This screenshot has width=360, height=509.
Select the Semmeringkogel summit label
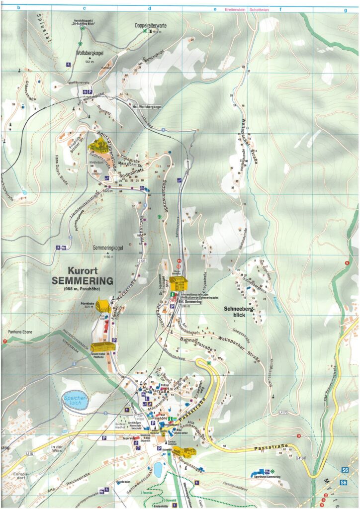pos(108,247)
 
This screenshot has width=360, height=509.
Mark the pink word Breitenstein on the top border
pos(235,9)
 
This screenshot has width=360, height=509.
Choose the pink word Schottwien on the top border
pos(260,9)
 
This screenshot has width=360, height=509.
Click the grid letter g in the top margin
pos(345,9)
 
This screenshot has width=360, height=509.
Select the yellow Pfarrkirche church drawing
pos(103,305)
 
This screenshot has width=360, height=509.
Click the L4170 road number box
pos(284,412)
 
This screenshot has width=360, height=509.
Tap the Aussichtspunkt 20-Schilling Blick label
pos(83,21)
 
